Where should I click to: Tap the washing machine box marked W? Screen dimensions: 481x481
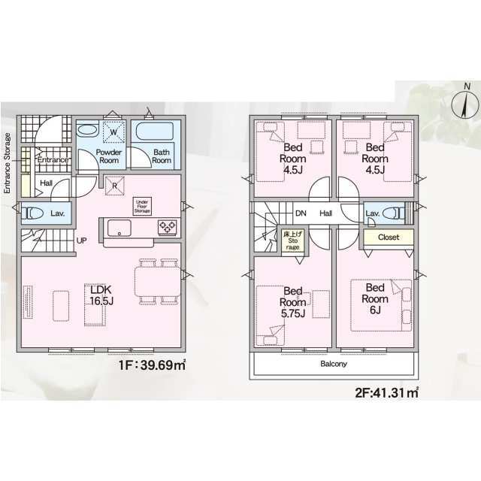tap(113, 132)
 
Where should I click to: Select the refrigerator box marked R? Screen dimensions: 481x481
tap(115, 186)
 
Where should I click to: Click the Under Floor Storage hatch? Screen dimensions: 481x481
tap(142, 206)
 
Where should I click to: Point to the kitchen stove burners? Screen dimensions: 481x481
tap(167, 228)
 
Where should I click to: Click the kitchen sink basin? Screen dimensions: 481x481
tap(119, 228)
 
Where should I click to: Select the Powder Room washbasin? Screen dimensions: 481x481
tap(87, 131)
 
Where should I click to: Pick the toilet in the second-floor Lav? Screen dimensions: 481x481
tap(395, 213)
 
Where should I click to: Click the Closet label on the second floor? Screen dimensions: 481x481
tap(389, 237)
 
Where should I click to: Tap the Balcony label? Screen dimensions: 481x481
tap(334, 364)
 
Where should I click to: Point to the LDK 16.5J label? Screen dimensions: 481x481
tap(101, 295)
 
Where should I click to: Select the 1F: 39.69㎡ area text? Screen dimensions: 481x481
tap(152, 365)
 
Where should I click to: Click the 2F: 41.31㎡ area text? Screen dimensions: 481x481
tap(387, 392)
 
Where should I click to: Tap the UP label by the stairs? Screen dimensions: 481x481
tap(82, 240)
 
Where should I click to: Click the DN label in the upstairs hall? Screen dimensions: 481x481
tap(301, 213)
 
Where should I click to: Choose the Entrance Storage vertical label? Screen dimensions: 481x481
tap(7, 163)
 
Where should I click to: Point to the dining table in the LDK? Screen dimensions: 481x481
tap(158, 282)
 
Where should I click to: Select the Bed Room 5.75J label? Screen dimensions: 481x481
tap(292, 302)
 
